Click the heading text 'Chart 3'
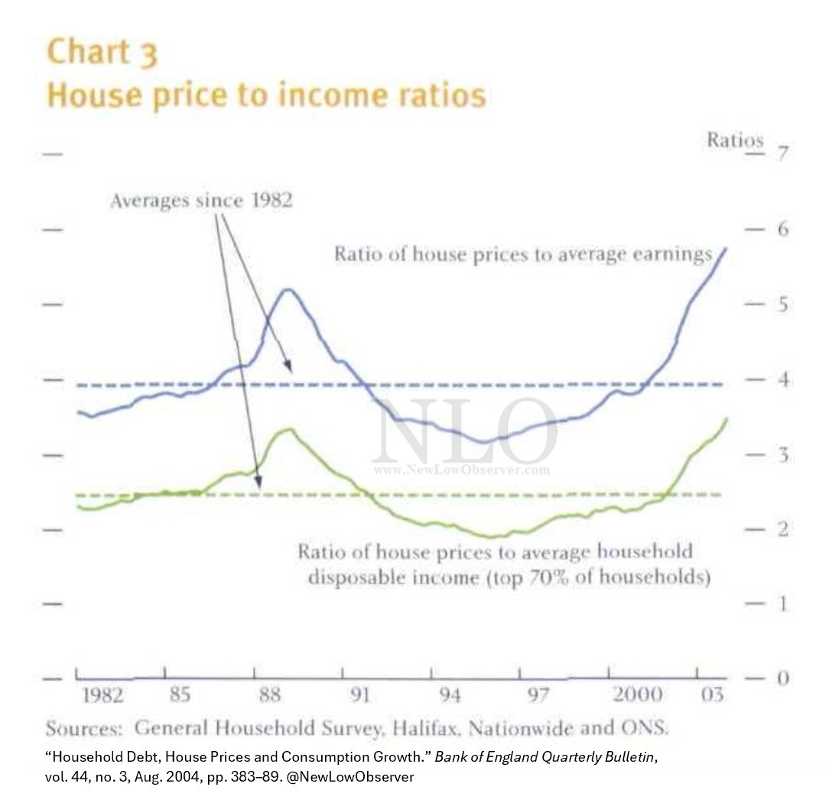coord(102,52)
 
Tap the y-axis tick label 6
coord(782,229)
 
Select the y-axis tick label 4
coord(782,380)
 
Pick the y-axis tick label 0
coord(782,678)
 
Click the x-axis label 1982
coord(102,696)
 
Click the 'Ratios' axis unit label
coord(734,141)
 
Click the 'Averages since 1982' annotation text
coord(201,202)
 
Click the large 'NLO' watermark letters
coord(464,432)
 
